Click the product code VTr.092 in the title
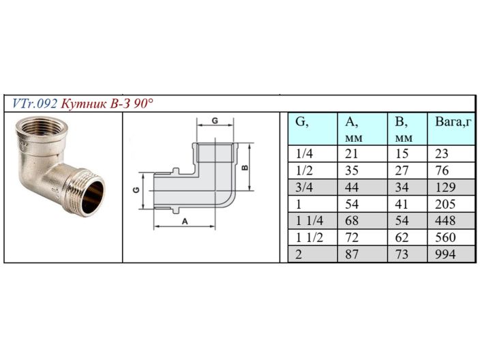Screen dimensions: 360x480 (34, 104)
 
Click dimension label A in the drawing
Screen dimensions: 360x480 (184, 222)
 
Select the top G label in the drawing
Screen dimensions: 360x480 (214, 121)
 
